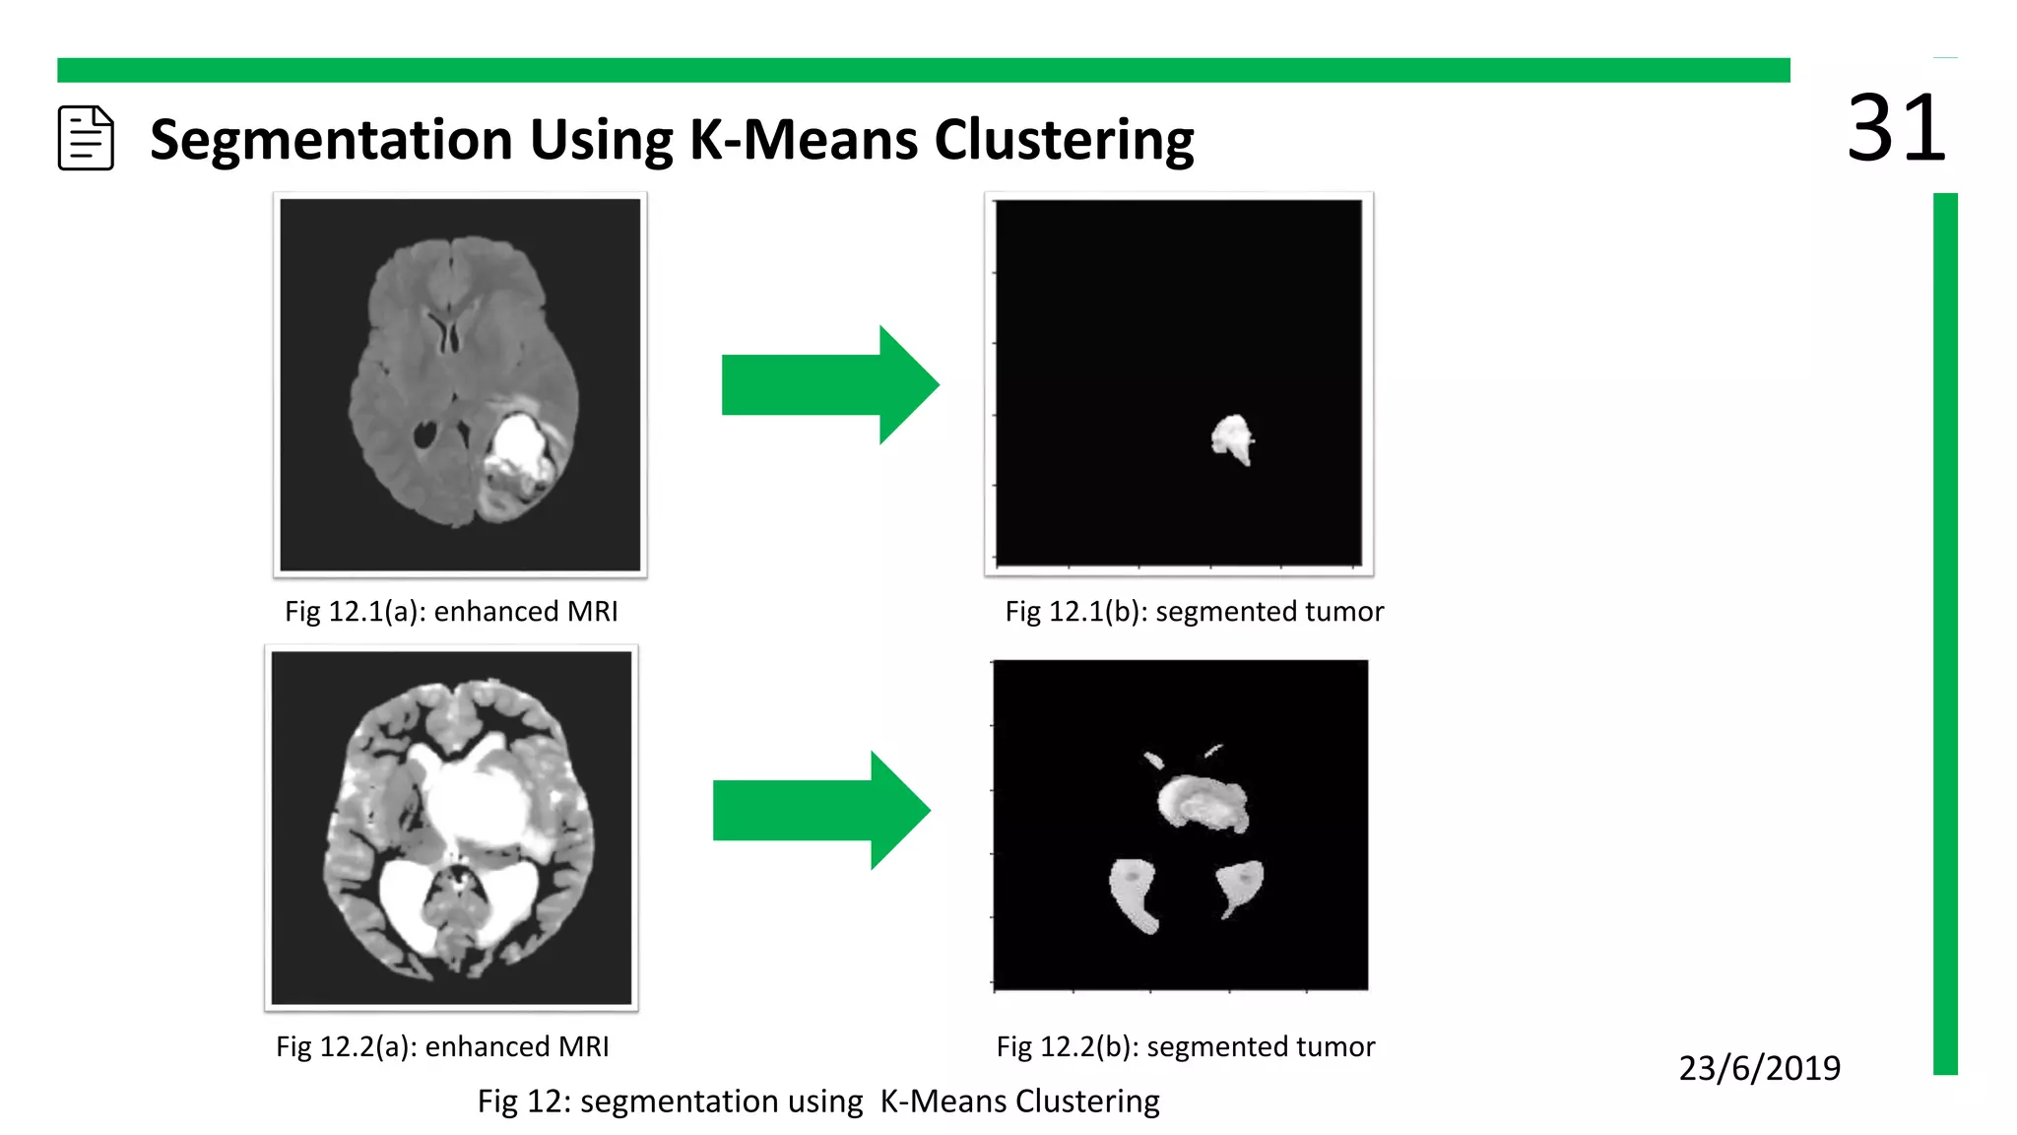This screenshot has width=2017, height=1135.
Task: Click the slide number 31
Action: click(1895, 128)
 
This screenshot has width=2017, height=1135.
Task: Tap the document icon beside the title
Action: click(86, 138)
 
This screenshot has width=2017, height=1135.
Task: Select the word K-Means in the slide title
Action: click(804, 139)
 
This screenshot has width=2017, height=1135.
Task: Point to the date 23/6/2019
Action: click(1759, 1068)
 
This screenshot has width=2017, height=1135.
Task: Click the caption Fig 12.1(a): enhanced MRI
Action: click(451, 612)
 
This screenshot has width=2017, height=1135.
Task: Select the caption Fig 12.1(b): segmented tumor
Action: click(1194, 612)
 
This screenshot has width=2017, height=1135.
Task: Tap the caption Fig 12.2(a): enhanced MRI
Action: click(442, 1046)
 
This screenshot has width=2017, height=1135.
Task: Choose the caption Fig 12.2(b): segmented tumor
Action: click(1185, 1046)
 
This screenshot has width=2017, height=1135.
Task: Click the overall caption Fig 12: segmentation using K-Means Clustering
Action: click(818, 1101)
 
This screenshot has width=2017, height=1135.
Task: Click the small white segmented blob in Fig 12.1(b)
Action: click(1231, 437)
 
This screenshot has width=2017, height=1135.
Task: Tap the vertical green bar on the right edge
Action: click(1945, 631)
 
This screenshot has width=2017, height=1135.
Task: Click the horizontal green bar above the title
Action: click(923, 70)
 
